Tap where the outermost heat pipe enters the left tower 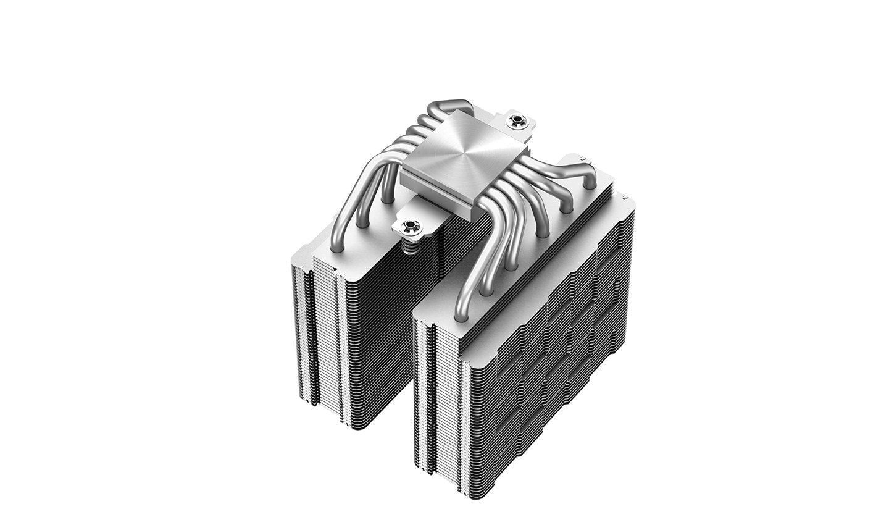point(337,247)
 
